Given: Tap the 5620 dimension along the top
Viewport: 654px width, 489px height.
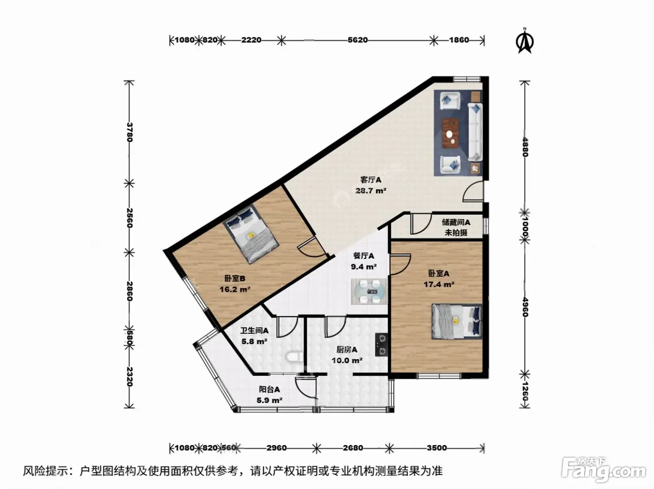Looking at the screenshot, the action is (357, 40).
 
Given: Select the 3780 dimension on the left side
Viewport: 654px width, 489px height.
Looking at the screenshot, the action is (129, 132).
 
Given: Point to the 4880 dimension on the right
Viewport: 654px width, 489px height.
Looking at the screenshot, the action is (525, 147).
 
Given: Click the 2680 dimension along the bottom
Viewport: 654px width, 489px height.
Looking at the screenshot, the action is (353, 448).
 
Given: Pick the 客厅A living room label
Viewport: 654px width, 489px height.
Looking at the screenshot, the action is (370, 180).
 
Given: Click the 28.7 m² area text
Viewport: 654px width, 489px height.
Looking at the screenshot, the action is (370, 191).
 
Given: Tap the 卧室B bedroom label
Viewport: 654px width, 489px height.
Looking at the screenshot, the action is (235, 279).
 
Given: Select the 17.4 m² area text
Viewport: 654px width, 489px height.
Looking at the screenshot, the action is (439, 284).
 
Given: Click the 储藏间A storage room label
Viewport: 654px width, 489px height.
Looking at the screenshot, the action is (456, 223).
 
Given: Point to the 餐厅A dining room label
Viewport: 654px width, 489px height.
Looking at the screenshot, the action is (363, 256).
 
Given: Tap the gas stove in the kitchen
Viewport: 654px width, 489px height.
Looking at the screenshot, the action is (381, 345).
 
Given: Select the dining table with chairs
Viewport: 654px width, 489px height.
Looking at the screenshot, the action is (369, 291).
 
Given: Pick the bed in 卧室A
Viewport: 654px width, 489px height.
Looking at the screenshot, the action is (457, 322).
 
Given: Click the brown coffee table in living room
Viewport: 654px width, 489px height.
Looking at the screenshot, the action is (450, 133).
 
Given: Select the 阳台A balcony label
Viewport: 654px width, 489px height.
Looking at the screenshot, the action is (270, 389).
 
